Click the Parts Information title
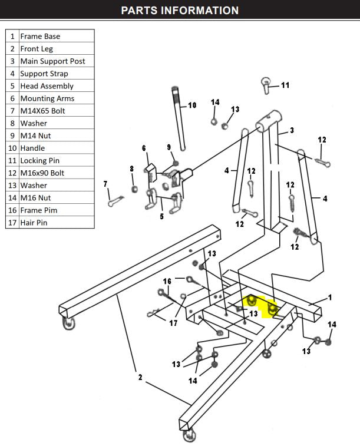(x=180, y=11)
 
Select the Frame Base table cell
(x=40, y=36)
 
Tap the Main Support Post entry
(x=52, y=61)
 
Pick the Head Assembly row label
(x=47, y=86)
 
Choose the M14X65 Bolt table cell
(x=43, y=111)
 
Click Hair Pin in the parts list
(x=34, y=223)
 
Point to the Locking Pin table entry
(x=39, y=160)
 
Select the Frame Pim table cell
(x=38, y=210)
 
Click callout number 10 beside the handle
(x=191, y=105)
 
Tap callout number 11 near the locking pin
(x=285, y=85)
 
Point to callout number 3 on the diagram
(x=292, y=130)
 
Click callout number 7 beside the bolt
(x=105, y=184)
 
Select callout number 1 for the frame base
(x=329, y=298)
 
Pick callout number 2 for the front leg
(x=140, y=377)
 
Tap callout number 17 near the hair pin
(x=173, y=322)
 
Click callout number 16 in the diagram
(x=167, y=282)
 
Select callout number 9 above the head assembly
(x=169, y=147)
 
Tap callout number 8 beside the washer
(x=131, y=169)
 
